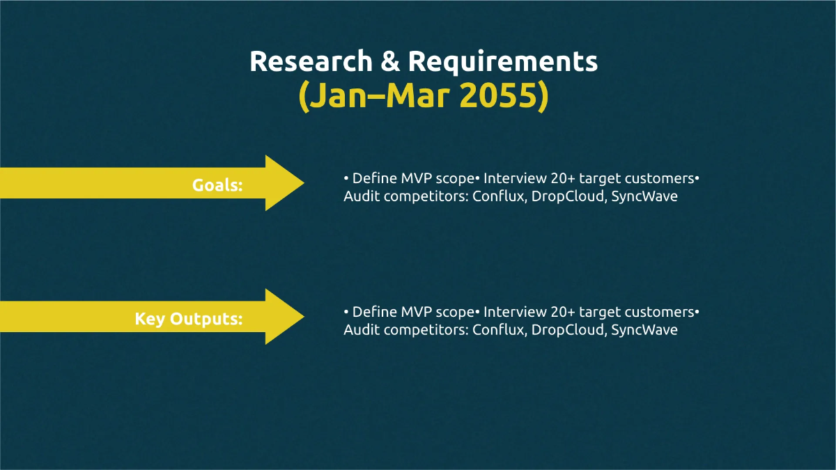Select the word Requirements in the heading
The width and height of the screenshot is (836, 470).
(502, 61)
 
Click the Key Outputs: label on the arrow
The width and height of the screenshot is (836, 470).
(189, 319)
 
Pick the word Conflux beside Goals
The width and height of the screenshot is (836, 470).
(497, 196)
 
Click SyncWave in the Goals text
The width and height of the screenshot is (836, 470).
(644, 196)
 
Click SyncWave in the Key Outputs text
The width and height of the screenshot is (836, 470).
(644, 330)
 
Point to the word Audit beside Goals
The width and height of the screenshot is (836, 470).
(359, 196)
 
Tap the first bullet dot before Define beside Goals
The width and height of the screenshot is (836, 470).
(346, 179)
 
